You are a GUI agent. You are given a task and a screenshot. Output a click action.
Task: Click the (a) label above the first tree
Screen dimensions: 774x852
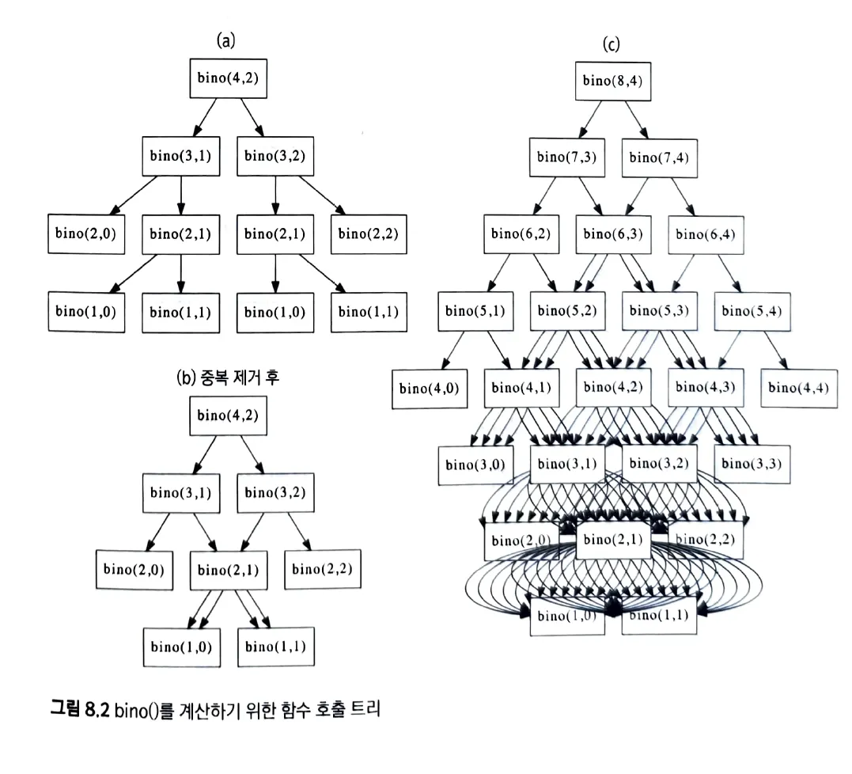click(227, 41)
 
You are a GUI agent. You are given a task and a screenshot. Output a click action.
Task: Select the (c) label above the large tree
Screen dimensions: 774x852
click(611, 44)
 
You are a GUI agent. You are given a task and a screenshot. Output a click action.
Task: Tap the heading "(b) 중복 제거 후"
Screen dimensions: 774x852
click(228, 378)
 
